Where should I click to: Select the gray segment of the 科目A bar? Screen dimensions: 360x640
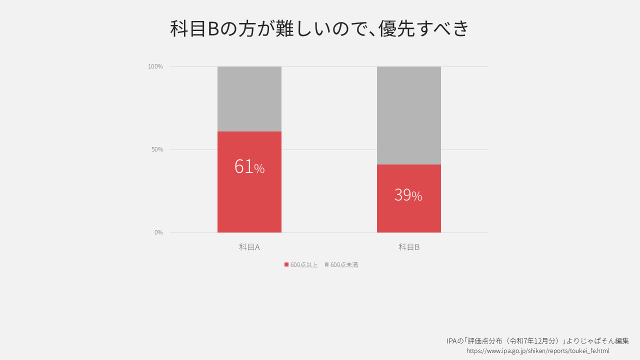(249, 98)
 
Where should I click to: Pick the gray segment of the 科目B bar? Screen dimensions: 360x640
(408, 115)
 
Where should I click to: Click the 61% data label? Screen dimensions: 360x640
(249, 167)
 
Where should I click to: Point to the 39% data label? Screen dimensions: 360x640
(408, 195)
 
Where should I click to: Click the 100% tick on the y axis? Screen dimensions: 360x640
(155, 66)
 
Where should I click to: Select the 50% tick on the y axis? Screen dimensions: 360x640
(157, 149)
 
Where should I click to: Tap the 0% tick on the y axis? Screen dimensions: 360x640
(158, 232)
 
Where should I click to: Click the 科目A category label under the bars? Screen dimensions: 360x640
(249, 247)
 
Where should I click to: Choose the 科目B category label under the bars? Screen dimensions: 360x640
(408, 247)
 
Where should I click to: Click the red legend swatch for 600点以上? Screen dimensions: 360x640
(286, 264)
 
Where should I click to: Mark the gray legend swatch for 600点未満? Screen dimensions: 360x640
(326, 264)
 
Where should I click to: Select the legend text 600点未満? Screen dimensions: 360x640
(344, 265)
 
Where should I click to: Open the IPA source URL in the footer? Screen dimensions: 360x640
(537, 351)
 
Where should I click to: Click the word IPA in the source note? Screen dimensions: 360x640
(451, 341)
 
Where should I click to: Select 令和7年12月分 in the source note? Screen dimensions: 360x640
(534, 341)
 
